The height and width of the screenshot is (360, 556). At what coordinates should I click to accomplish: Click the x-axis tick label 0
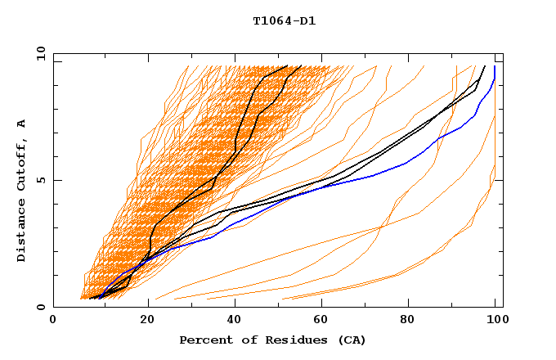53,321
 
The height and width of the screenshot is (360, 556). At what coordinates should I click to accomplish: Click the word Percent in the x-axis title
203,340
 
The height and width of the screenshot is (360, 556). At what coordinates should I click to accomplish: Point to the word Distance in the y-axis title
22,230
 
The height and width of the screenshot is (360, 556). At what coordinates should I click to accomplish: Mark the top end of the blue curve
495,66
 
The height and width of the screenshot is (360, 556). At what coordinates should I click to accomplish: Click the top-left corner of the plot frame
53,53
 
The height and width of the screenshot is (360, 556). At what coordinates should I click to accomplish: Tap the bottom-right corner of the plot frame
503,307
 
